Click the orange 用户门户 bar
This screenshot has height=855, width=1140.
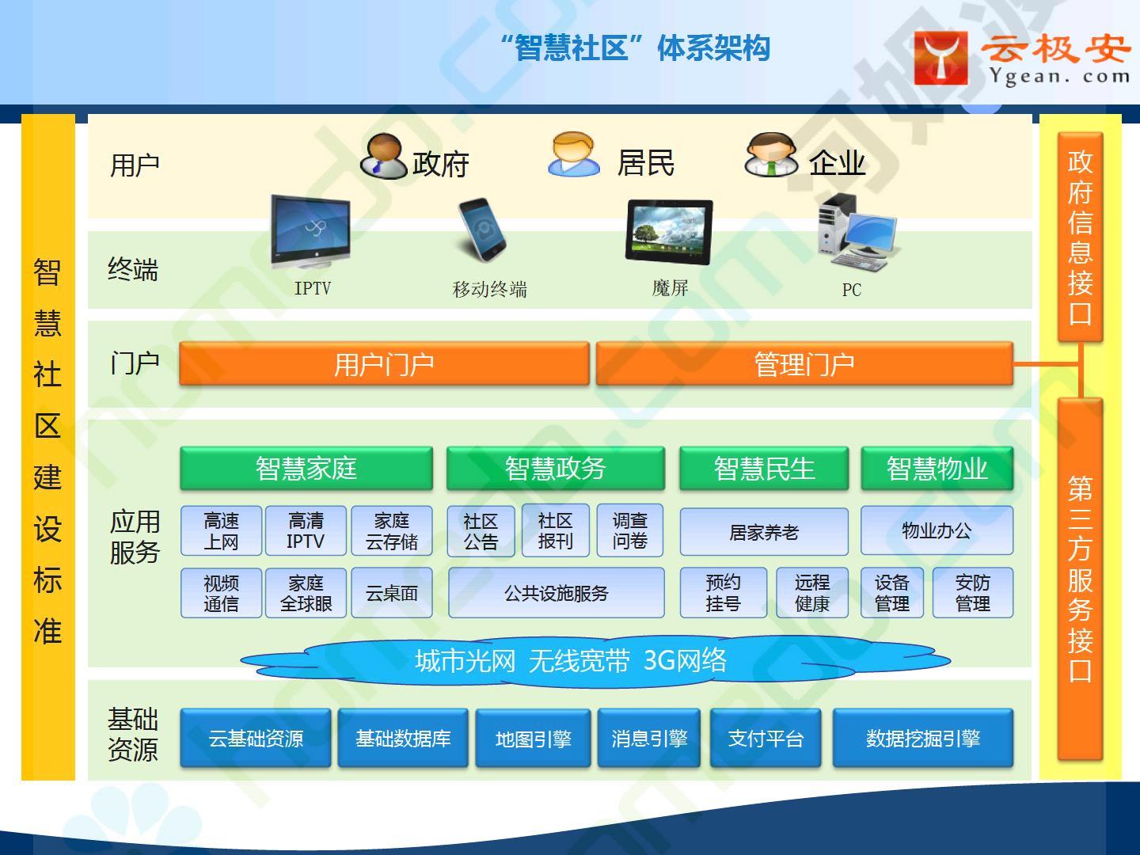point(384,363)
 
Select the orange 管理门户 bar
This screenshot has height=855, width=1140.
point(804,363)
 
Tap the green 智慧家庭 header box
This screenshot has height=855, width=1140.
point(306,468)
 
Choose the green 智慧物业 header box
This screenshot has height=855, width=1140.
point(937,468)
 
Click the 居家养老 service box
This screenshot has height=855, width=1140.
point(764,531)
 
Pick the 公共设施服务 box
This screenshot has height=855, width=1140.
point(557,593)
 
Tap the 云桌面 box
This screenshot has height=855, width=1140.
point(392,593)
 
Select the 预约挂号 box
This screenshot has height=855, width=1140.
point(724,593)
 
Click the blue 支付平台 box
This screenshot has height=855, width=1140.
point(766,738)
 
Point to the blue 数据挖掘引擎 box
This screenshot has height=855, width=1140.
point(923,738)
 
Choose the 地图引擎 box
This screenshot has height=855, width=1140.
point(533,738)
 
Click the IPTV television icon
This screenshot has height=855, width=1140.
point(310,231)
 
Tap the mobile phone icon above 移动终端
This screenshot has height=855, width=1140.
point(482,230)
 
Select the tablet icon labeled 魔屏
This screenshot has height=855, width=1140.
point(669,231)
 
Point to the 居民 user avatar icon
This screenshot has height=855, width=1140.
point(573,154)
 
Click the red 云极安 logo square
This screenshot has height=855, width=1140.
point(940,58)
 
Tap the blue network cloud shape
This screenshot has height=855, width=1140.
point(595,661)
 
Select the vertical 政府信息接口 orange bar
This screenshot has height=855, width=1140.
point(1081,237)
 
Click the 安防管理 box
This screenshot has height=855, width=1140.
point(973,593)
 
